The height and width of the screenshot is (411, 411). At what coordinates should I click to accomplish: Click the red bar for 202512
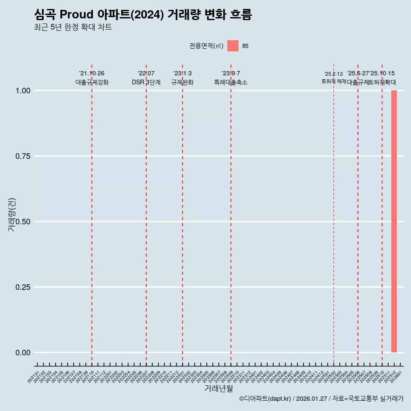click(394, 221)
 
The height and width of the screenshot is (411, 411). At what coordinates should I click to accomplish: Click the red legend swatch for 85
click(233, 46)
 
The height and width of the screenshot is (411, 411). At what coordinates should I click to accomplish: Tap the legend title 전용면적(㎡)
click(206, 46)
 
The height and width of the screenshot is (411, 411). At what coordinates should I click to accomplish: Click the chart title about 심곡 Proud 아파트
click(143, 15)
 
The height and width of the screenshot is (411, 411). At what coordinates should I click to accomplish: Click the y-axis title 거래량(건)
click(12, 215)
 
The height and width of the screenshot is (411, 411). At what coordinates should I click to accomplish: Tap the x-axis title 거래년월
click(219, 388)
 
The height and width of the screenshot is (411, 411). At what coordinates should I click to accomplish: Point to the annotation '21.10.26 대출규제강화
click(92, 78)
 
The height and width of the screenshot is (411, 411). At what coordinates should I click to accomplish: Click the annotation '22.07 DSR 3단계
click(146, 78)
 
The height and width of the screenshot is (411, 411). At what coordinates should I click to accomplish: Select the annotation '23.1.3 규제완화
click(182, 78)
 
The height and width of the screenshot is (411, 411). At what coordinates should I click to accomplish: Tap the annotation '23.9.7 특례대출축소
click(231, 78)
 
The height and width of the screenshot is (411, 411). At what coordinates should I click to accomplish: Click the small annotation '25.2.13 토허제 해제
click(334, 77)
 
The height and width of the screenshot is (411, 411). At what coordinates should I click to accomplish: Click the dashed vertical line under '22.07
click(146, 214)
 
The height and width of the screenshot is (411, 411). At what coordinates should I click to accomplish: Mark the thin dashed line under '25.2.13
click(334, 214)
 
